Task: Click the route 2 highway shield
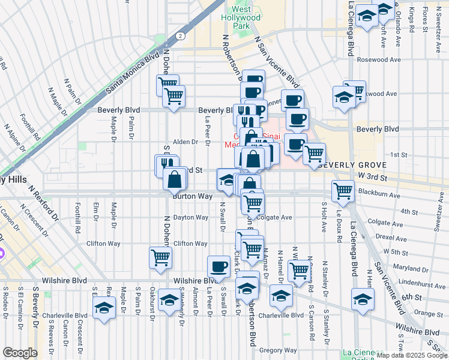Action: click(x=179, y=36)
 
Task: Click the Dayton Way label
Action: click(x=190, y=217)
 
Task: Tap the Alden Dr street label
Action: click(x=185, y=142)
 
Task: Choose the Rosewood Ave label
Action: click(x=378, y=60)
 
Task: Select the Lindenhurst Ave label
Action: click(x=419, y=281)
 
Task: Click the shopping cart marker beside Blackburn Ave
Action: click(x=343, y=190)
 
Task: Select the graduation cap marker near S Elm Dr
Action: click(x=104, y=308)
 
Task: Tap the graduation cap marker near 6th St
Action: click(x=363, y=298)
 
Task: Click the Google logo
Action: click(x=20, y=353)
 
